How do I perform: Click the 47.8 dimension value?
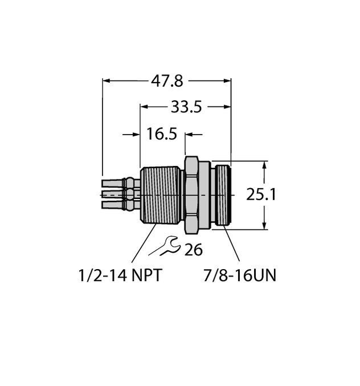click(167, 81)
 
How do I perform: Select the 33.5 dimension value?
click(186, 107)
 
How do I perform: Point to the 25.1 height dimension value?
click(261, 195)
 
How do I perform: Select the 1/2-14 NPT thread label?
click(120, 276)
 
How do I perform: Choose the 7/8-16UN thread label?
click(240, 276)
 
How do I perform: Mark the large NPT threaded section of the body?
click(161, 194)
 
